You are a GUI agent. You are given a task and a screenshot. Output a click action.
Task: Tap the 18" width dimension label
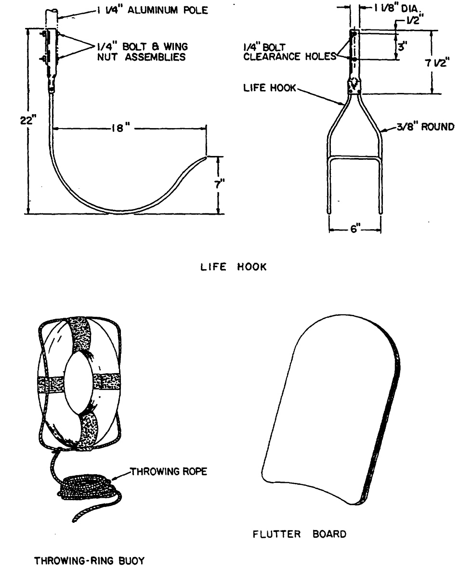click(x=118, y=129)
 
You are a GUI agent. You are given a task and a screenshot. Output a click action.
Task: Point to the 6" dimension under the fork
click(x=355, y=230)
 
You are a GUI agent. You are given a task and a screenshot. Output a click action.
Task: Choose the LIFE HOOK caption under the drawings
click(x=233, y=267)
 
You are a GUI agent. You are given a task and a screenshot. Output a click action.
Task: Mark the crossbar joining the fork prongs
click(x=354, y=156)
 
